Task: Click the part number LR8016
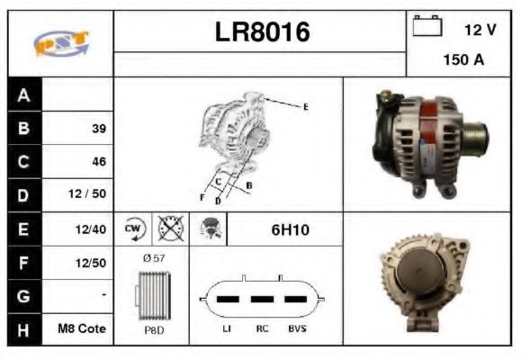tap(262, 32)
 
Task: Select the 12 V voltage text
tap(480, 30)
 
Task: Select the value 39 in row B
tap(98, 129)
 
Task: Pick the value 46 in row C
tap(98, 162)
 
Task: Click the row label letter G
tap(23, 296)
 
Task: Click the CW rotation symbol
tap(134, 229)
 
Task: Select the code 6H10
tap(290, 229)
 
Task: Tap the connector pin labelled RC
tap(262, 299)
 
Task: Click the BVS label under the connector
tap(296, 329)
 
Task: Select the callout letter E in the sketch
tap(305, 108)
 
